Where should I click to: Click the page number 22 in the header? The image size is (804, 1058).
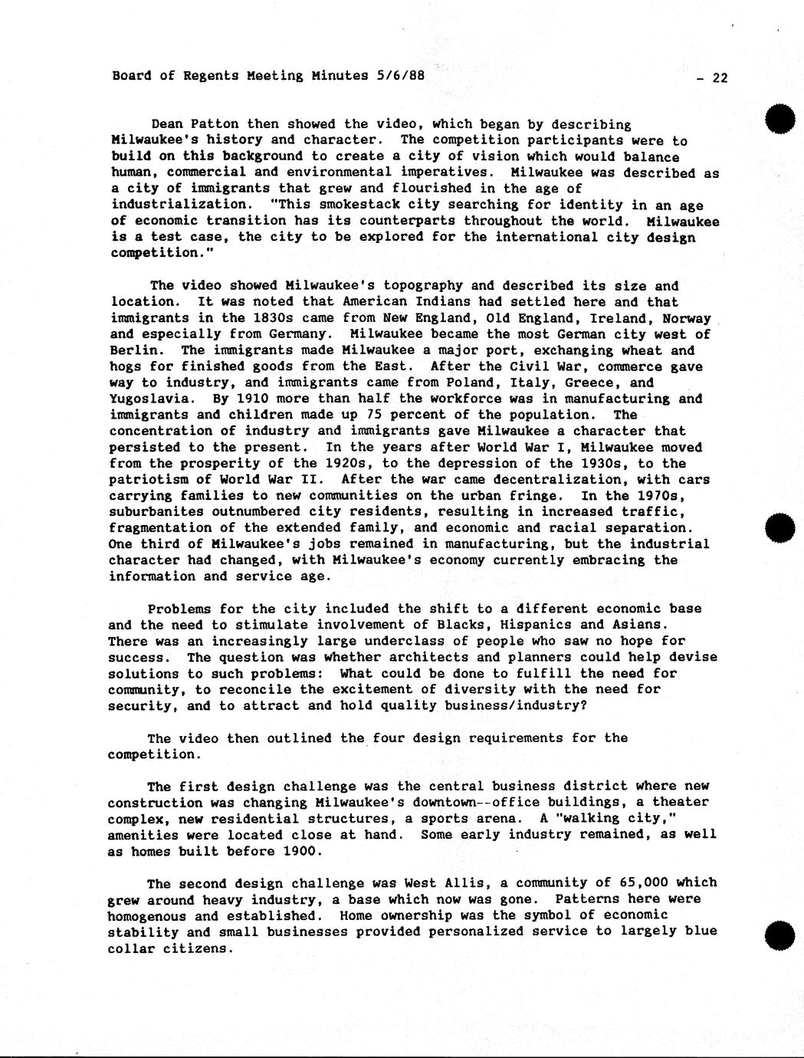pyautogui.click(x=720, y=77)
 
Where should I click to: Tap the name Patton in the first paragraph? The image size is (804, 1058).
pyautogui.click(x=215, y=124)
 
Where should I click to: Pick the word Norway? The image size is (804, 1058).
pyautogui.click(x=687, y=318)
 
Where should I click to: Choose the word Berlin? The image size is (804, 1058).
pyautogui.click(x=133, y=350)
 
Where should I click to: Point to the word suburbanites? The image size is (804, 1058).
pyautogui.click(x=156, y=511)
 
